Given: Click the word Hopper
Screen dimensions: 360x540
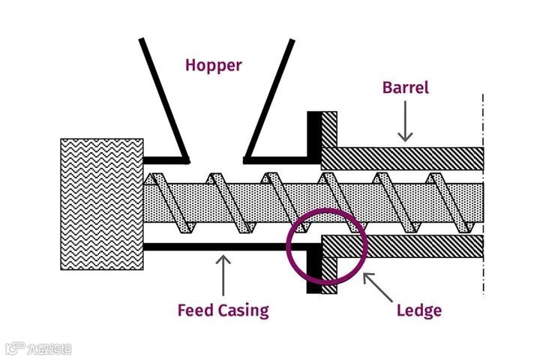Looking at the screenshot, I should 214,65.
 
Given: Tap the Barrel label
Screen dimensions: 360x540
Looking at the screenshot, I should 406,88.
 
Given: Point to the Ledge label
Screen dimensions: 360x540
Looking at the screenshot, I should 418,310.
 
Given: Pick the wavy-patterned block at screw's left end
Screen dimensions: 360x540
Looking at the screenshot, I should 102,203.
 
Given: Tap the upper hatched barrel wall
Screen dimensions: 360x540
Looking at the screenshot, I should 405,157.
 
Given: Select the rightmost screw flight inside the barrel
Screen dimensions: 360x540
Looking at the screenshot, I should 442,202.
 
